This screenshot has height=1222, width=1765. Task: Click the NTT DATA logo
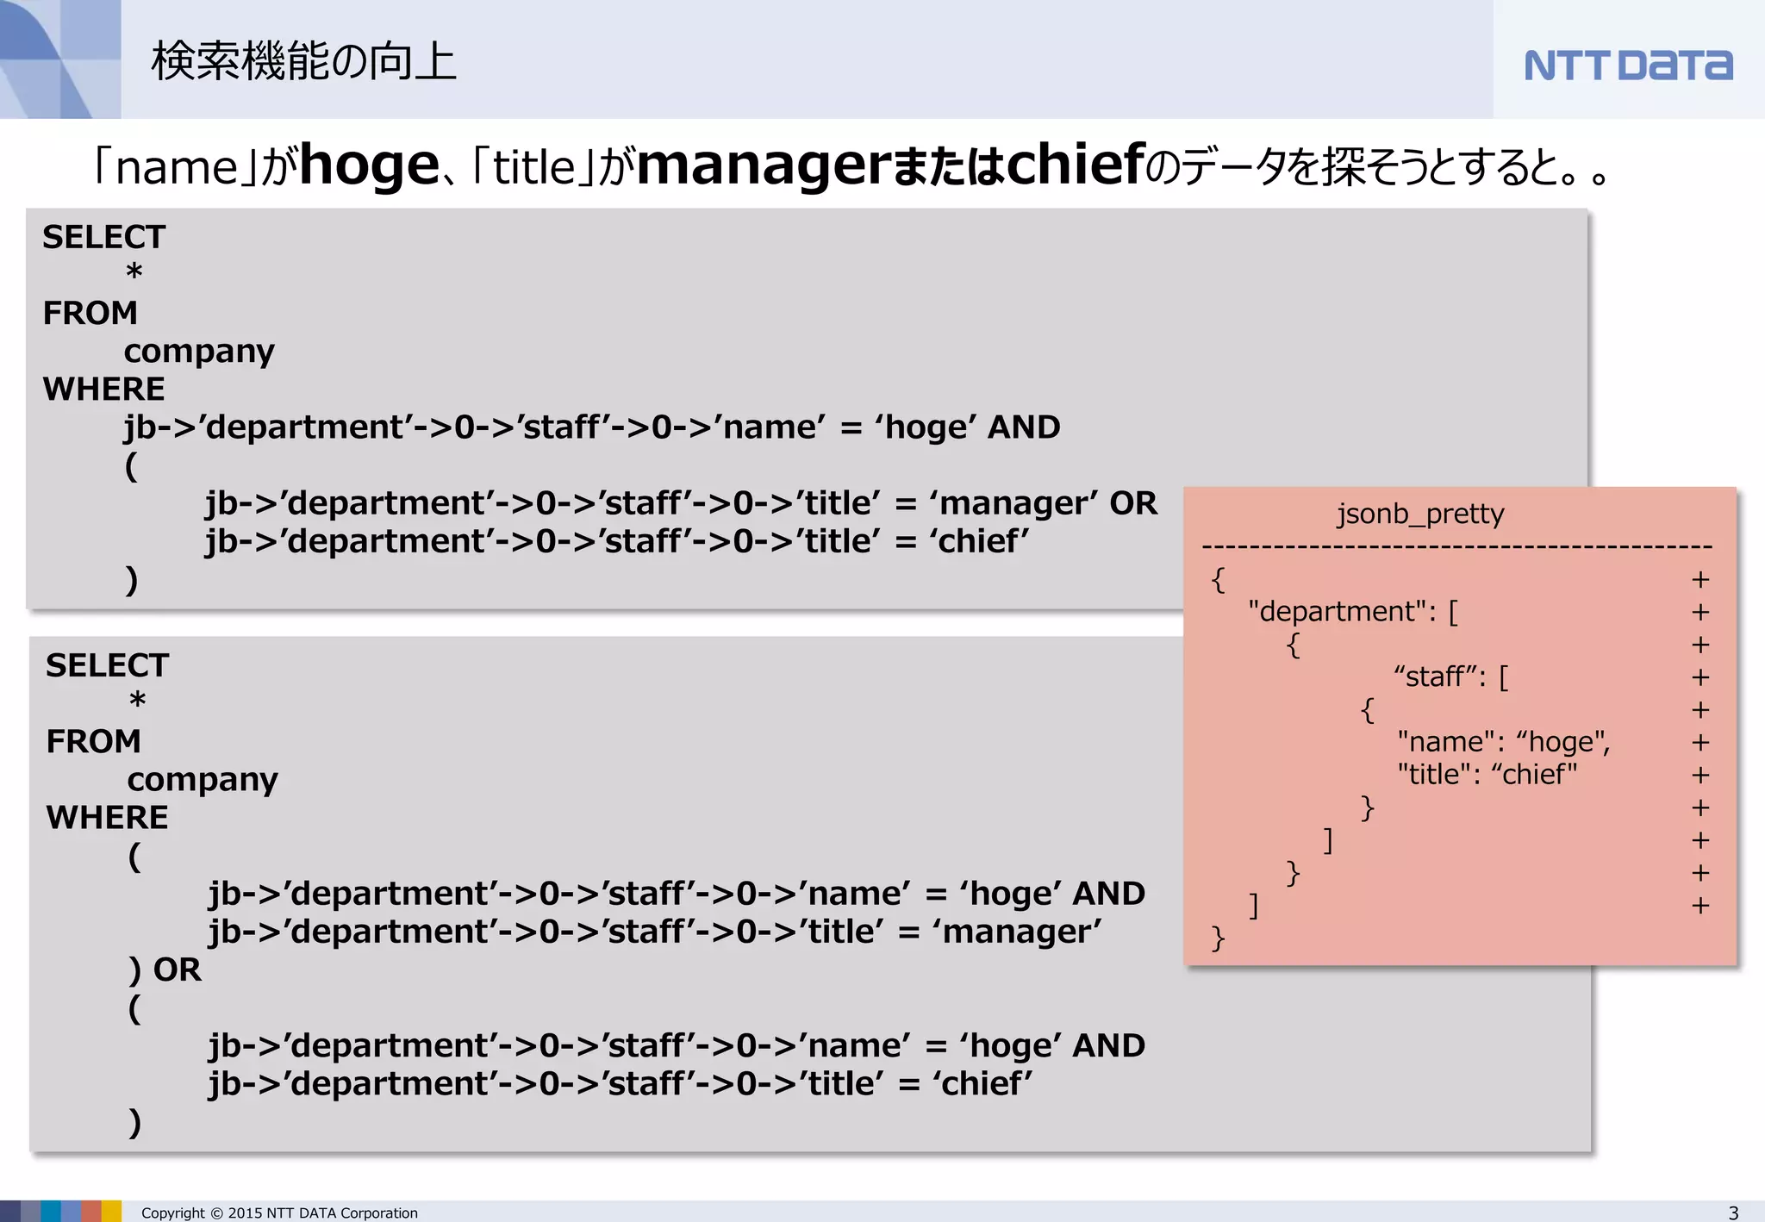pyautogui.click(x=1627, y=65)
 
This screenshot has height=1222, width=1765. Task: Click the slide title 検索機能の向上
pyautogui.click(x=303, y=62)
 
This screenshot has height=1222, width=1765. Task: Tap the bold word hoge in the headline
pyautogui.click(x=369, y=165)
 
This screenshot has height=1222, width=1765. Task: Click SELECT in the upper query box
pyautogui.click(x=103, y=237)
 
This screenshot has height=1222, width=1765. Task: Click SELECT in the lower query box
pyautogui.click(x=107, y=665)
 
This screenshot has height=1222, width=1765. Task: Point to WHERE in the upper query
pyautogui.click(x=103, y=389)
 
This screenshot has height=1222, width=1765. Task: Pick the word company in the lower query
pyautogui.click(x=203, y=780)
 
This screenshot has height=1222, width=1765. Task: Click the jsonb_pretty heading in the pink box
pyautogui.click(x=1420, y=514)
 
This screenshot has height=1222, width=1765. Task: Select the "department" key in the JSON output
pyautogui.click(x=1342, y=612)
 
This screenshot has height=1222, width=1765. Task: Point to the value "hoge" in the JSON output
pyautogui.click(x=1562, y=742)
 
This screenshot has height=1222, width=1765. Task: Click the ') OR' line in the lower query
pyautogui.click(x=165, y=969)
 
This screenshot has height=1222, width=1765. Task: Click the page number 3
pyautogui.click(x=1733, y=1213)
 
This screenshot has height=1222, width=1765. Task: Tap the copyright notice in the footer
pyautogui.click(x=279, y=1213)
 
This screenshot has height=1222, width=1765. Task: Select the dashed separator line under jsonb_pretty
pyautogui.click(x=1456, y=547)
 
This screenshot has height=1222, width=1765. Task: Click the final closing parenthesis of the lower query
pyautogui.click(x=134, y=1122)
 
